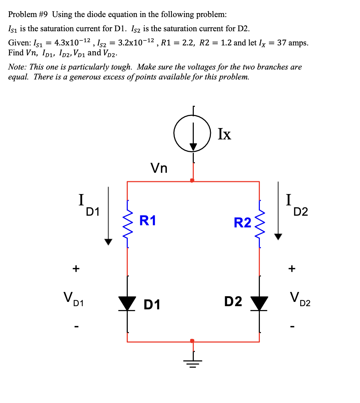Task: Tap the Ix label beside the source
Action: (224, 134)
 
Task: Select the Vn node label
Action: (159, 167)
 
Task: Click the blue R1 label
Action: (148, 220)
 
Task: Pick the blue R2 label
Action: (242, 223)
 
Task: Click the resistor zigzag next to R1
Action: (127, 225)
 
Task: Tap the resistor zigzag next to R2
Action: (260, 225)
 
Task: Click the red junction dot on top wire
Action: (192, 181)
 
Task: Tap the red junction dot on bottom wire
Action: (192, 341)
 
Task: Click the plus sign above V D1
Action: (76, 269)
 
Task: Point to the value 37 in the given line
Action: (282, 43)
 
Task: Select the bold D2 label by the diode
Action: (233, 302)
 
